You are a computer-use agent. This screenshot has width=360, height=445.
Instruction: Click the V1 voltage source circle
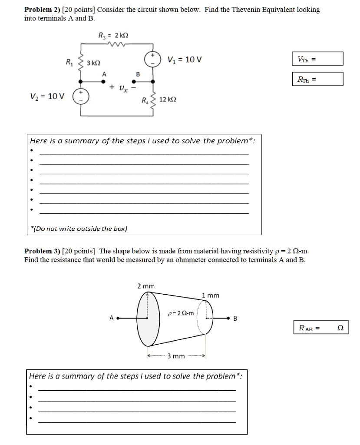pyautogui.click(x=153, y=59)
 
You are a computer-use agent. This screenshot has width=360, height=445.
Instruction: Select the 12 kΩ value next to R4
pyautogui.click(x=167, y=100)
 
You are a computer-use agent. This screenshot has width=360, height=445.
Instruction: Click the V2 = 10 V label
pyautogui.click(x=47, y=96)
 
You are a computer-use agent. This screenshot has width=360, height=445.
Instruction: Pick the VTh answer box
pyautogui.click(x=318, y=59)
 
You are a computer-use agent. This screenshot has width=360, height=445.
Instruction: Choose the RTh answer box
pyautogui.click(x=318, y=79)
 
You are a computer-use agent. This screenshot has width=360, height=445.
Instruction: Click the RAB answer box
pyautogui.click(x=321, y=328)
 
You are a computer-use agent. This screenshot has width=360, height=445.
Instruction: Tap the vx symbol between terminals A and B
pyautogui.click(x=122, y=87)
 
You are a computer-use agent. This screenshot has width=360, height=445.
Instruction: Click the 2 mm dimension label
pyautogui.click(x=146, y=286)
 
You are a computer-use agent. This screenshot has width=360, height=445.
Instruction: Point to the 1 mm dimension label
pyautogui.click(x=211, y=295)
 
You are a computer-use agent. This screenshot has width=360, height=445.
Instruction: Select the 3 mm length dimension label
pyautogui.click(x=176, y=356)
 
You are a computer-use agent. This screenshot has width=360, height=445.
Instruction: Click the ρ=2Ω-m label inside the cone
pyautogui.click(x=180, y=312)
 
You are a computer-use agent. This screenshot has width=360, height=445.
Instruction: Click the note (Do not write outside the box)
pyautogui.click(x=79, y=228)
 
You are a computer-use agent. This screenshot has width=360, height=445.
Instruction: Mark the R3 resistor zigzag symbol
pyautogui.click(x=118, y=43)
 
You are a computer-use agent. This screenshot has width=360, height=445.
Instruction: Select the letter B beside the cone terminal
pyautogui.click(x=235, y=319)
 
